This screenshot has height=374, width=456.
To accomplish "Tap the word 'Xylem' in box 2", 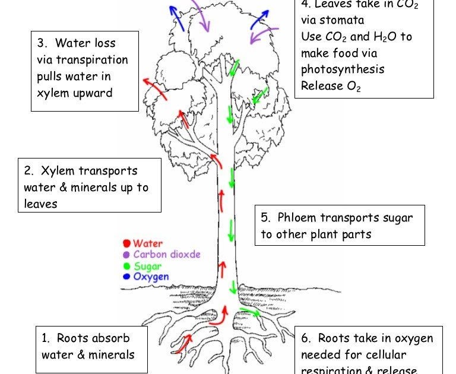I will click(59, 171).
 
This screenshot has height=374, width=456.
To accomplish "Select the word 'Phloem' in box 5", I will click(298, 217).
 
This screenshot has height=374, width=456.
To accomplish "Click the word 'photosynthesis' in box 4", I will click(343, 69).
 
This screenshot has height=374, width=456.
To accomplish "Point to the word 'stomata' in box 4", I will click(338, 20).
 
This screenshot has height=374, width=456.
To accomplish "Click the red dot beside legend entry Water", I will click(126, 243).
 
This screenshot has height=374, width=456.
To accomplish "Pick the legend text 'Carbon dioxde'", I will click(167, 255).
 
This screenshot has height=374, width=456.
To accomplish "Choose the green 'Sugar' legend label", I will click(147, 266).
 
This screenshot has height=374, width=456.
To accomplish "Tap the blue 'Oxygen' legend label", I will click(151, 277).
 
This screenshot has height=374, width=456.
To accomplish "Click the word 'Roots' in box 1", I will click(72, 338).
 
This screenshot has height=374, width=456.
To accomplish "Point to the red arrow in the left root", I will click(183, 343).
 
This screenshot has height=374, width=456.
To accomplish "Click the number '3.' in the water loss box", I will click(42, 43).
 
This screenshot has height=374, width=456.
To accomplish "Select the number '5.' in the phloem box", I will click(265, 217).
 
